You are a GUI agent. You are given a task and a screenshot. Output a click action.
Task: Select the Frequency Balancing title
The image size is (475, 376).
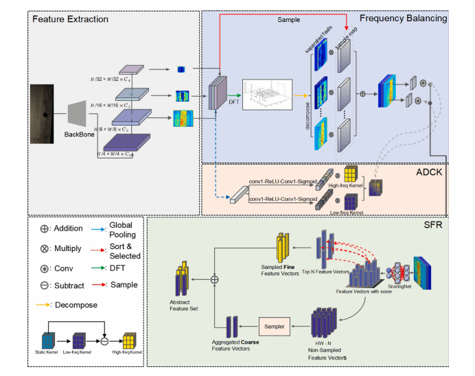tap(403, 19)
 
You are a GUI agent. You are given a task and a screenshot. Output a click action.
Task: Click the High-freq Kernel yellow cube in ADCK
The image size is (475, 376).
tap(350, 176)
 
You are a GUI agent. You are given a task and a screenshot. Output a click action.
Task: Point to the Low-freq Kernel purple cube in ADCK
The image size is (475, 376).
tap(350, 201)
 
